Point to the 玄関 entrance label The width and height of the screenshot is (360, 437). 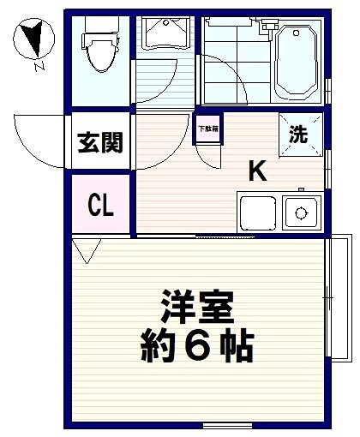(99, 142)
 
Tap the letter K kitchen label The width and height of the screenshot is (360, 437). (257, 171)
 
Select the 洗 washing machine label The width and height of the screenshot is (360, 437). (297, 135)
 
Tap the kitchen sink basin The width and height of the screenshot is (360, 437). (255, 212)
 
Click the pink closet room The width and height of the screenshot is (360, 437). (99, 205)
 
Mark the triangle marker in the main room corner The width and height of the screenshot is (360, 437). (86, 250)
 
